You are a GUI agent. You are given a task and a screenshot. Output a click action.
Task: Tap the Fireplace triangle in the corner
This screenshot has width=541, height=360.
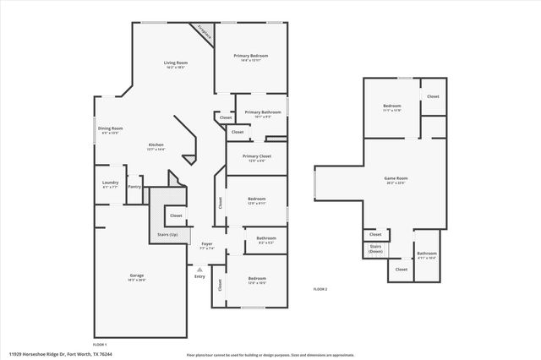(x=205, y=31)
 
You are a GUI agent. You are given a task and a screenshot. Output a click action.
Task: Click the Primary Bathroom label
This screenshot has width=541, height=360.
(x=263, y=113)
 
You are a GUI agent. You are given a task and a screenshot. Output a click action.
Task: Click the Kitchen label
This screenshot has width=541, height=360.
(x=156, y=146)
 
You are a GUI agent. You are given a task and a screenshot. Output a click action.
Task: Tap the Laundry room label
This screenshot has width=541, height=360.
(x=110, y=184)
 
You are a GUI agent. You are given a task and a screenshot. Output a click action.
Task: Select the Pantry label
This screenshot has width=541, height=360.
(x=134, y=187)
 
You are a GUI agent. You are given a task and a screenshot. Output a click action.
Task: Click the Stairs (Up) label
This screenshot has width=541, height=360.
(x=167, y=234)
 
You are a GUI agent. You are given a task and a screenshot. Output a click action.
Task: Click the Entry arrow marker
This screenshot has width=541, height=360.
(x=199, y=271)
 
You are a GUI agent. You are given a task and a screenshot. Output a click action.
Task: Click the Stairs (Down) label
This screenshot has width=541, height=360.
(x=375, y=249)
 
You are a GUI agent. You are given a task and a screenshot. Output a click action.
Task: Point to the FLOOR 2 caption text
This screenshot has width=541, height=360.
(x=320, y=290)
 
